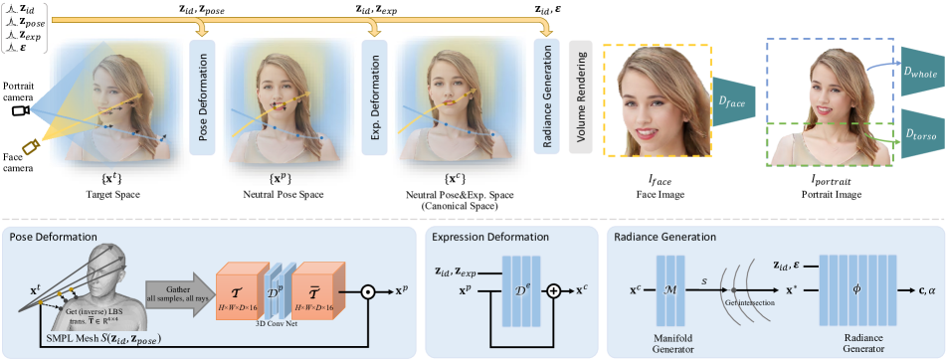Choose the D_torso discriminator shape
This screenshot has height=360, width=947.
921,132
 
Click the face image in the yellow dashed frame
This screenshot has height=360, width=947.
657,100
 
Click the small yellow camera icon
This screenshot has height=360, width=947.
31,147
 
